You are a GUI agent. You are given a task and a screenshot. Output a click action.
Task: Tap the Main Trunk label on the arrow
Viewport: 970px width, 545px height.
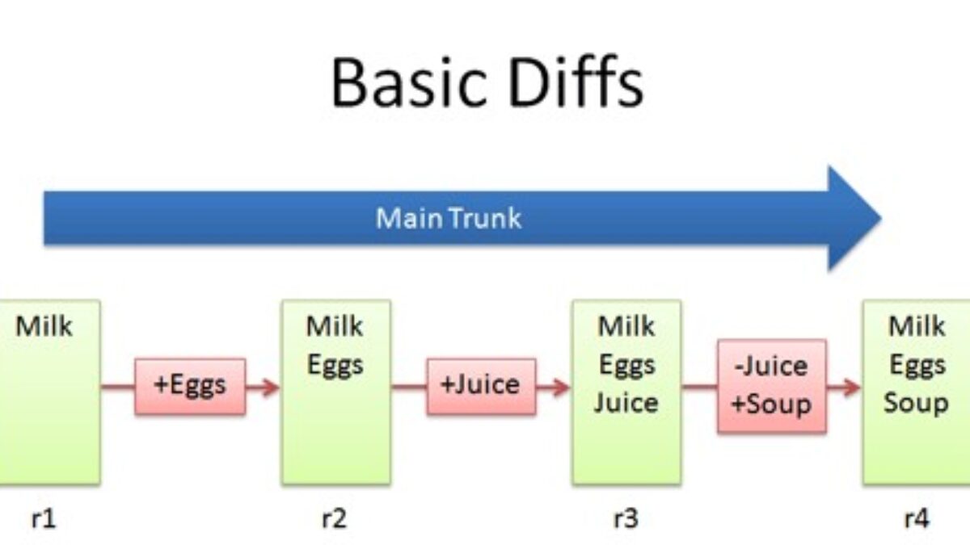pos(449,218)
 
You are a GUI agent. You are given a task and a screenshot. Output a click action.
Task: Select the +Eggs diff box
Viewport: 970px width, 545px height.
pos(190,386)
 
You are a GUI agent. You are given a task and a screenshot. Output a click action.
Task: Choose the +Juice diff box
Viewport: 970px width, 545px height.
pos(481,386)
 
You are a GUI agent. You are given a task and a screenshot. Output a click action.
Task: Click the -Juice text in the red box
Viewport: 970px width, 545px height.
pos(771,367)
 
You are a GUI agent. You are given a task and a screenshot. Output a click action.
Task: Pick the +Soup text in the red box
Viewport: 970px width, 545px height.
pos(771,404)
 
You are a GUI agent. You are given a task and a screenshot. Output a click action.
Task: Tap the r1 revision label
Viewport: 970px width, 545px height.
pos(44,518)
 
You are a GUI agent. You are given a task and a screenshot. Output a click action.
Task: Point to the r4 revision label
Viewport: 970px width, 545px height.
pos(915,518)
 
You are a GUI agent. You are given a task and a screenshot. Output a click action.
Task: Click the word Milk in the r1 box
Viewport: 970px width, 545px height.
pos(44,327)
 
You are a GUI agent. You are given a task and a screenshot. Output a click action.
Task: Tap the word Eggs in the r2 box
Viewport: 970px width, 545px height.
pos(335,365)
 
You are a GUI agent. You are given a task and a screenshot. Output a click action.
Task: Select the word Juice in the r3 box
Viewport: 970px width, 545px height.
pos(626,402)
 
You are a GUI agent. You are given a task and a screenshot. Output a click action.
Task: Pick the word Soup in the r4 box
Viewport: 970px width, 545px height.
pos(916,402)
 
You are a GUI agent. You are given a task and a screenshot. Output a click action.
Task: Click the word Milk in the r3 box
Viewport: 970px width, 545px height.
pos(626,327)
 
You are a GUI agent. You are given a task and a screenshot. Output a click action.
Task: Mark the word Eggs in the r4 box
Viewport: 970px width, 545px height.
pos(917,365)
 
